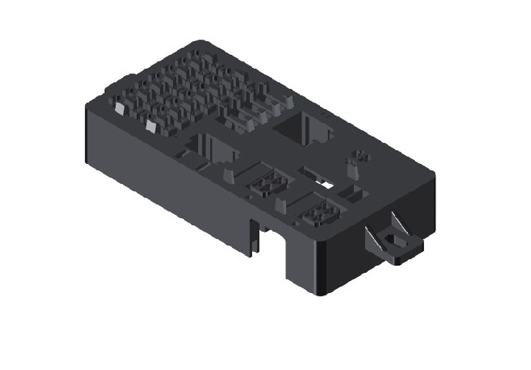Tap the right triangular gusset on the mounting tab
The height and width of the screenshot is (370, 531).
pos(400,223)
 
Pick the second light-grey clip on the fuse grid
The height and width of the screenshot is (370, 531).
pos(151,126)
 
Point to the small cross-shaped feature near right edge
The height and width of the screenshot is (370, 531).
pos(360,154)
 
